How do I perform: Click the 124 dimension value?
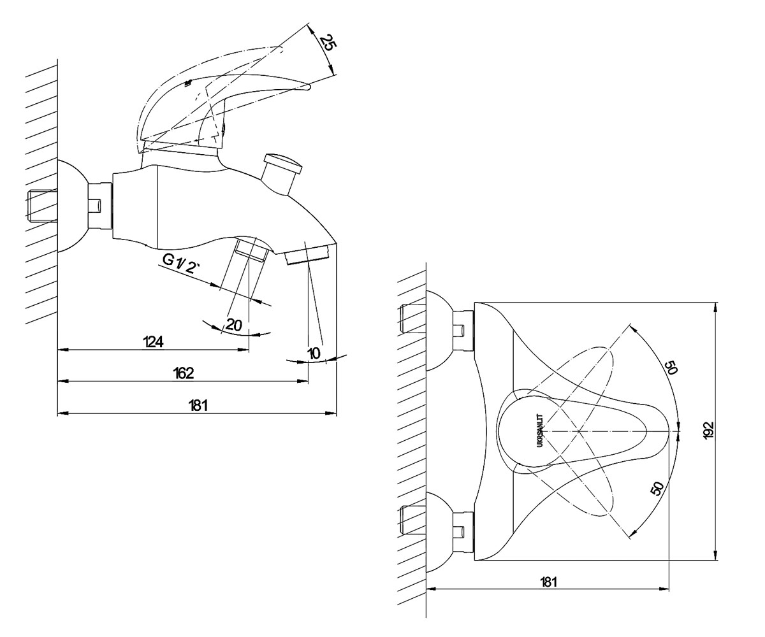[x=153, y=341]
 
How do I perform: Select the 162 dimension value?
[x=183, y=373]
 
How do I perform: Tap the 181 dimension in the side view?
[x=198, y=405]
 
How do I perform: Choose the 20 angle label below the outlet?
[x=234, y=325]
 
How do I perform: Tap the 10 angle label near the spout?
[x=314, y=354]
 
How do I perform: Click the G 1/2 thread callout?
[x=182, y=264]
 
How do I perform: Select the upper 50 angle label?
[x=670, y=367]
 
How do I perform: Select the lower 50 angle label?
[x=659, y=489]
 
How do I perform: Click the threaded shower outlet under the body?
[x=251, y=250]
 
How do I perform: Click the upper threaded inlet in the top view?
[x=414, y=318]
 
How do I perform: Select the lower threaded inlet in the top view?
[x=414, y=520]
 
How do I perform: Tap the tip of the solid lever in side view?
[x=309, y=87]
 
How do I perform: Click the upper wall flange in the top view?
[x=441, y=329]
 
